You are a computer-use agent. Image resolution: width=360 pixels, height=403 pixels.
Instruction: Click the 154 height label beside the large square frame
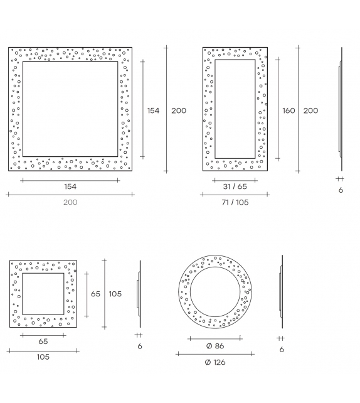pos(153,110)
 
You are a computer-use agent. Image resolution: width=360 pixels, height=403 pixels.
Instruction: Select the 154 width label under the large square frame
pos(70,186)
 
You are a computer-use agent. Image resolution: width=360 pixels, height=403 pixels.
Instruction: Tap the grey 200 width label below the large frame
pos(70,202)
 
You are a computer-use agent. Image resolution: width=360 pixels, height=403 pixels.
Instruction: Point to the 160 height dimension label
pos(289,110)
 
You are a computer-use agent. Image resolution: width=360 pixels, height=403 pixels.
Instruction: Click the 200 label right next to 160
pos(310,110)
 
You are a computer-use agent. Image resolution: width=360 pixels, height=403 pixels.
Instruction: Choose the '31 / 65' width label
pos(235,186)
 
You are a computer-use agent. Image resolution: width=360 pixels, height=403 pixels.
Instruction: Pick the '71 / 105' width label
pos(235,202)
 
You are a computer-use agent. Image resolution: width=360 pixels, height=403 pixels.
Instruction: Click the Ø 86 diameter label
pos(215,346)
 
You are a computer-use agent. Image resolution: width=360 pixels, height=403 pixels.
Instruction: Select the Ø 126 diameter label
pos(215,362)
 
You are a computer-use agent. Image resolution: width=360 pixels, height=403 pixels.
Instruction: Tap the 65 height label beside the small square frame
pos(95,294)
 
